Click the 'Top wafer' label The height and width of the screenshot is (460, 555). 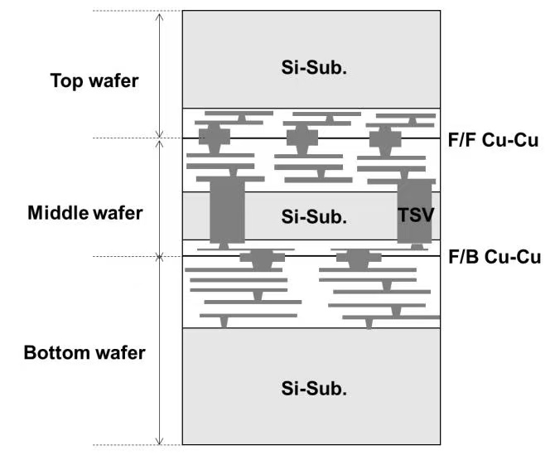94,81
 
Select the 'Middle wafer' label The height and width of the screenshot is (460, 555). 85,213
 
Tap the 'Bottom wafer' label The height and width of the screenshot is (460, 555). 84,353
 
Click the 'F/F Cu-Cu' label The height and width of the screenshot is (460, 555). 493,140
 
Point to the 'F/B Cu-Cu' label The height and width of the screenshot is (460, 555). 495,257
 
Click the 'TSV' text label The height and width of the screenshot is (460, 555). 416,215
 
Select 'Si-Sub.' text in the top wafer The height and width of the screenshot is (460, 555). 314,67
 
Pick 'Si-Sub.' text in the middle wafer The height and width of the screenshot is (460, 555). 314,216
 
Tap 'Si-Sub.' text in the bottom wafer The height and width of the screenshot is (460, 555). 314,388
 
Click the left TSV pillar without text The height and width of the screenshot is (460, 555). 227,211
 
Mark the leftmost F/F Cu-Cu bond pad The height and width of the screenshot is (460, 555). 215,137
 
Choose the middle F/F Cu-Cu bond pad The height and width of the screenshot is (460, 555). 302,138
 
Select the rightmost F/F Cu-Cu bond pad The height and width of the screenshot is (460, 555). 385,138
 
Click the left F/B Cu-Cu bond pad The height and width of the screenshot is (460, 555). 263,258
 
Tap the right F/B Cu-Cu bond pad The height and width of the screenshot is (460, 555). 359,258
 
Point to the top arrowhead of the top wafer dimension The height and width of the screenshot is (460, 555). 160,14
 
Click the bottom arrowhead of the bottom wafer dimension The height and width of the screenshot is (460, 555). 160,443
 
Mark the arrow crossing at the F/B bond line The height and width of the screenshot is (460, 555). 160,256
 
